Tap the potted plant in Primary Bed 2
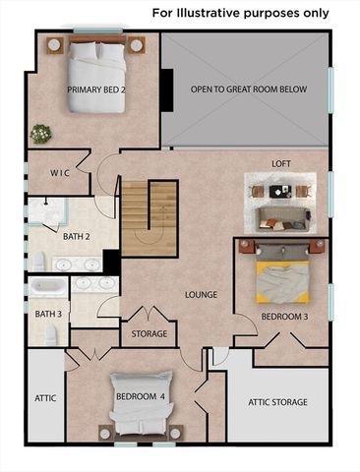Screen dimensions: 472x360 (40, 133)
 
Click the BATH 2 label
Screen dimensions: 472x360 (77, 237)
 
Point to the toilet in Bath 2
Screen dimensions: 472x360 (37, 261)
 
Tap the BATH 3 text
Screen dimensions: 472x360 (48, 315)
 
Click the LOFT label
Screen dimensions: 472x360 (281, 164)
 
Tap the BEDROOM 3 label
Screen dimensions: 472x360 (284, 317)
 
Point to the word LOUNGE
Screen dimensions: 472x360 (202, 294)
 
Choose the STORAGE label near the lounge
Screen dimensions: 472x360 (150, 334)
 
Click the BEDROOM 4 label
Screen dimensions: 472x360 (140, 396)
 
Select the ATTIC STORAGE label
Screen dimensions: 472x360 (277, 402)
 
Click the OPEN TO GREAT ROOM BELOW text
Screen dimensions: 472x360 (249, 89)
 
